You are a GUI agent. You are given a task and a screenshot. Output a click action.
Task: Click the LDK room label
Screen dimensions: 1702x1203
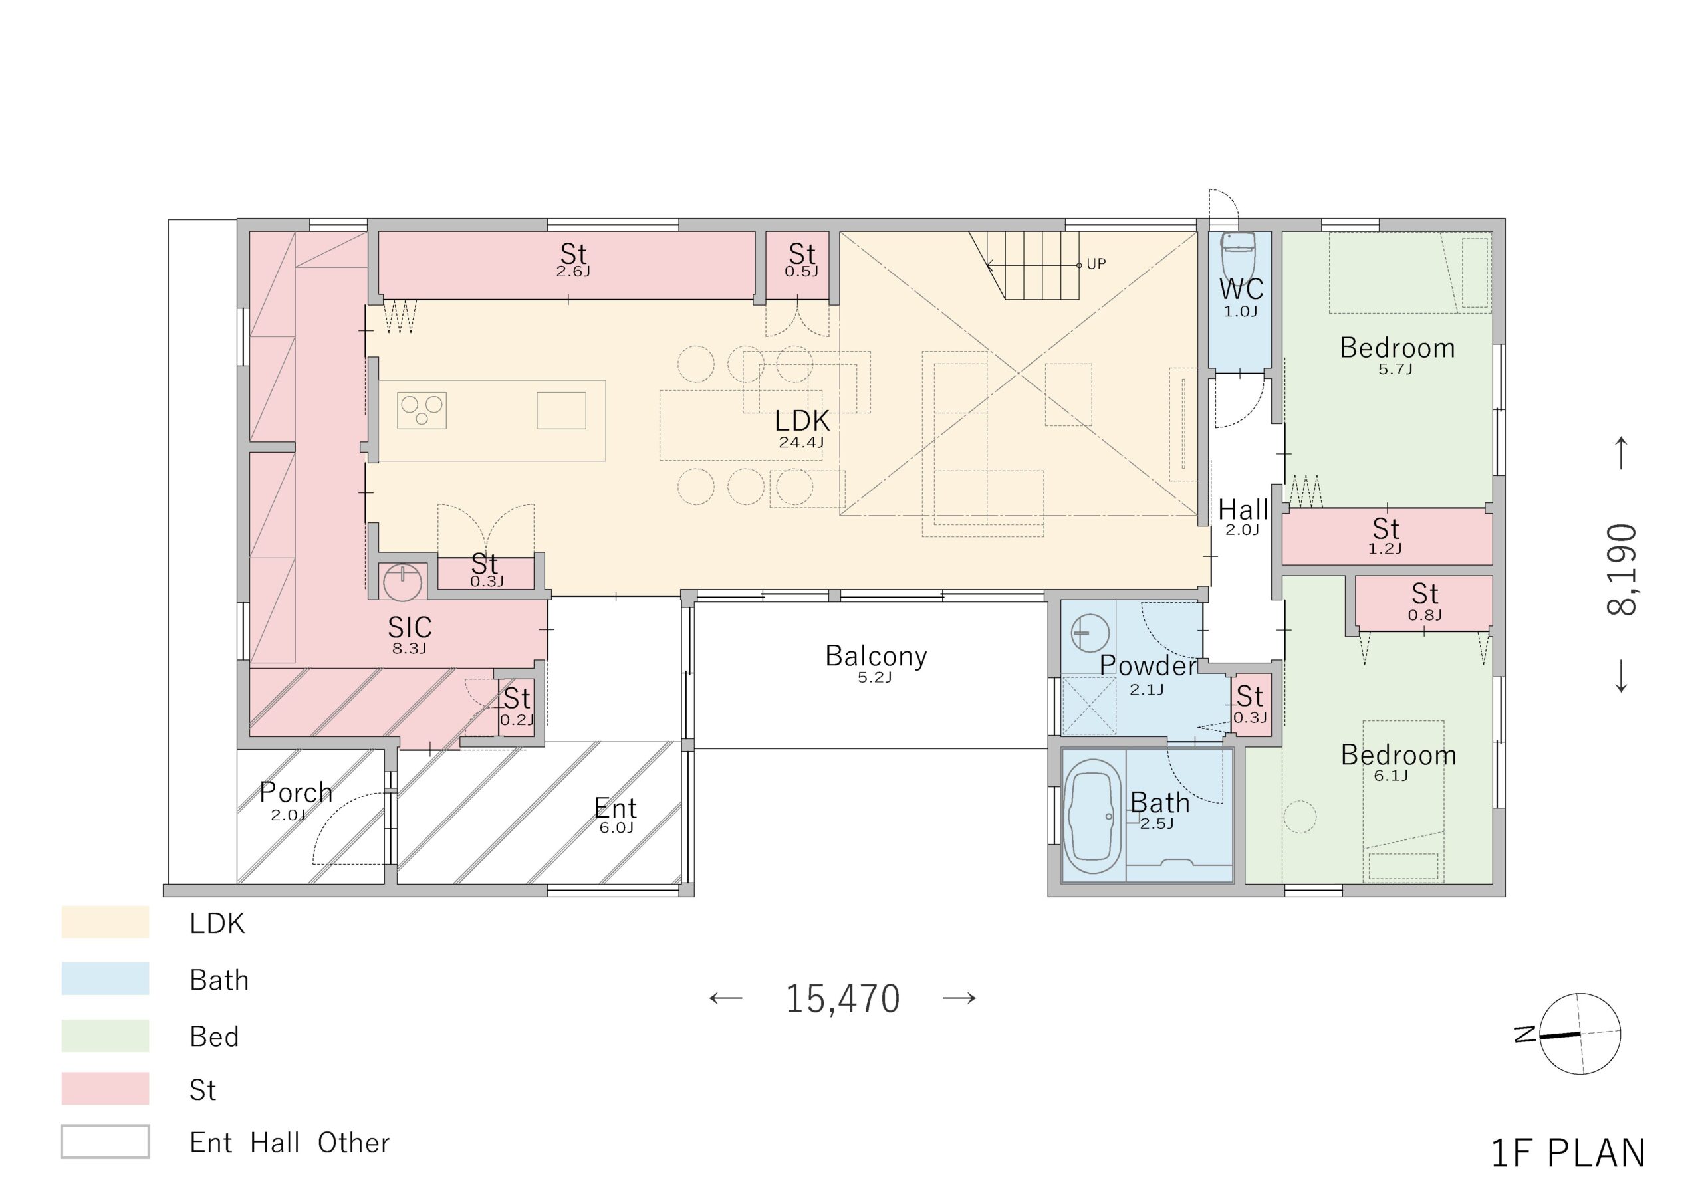click(x=801, y=421)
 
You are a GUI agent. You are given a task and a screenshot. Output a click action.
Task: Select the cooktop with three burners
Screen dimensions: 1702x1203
click(x=422, y=410)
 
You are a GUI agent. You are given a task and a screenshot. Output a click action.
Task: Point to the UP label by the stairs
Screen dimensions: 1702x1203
click(x=1096, y=264)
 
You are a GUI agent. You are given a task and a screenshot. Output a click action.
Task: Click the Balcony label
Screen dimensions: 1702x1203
click(x=876, y=656)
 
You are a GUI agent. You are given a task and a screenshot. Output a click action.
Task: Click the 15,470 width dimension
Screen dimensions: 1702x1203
click(x=842, y=998)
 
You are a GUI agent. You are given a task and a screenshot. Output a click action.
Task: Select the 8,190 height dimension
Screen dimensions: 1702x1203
click(x=1621, y=569)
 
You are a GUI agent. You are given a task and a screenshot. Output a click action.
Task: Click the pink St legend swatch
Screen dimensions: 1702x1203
click(x=105, y=1089)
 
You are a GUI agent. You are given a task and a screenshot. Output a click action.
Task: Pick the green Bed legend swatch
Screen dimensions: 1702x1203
click(x=105, y=1036)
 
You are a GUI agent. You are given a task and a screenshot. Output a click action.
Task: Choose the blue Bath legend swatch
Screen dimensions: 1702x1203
click(x=105, y=978)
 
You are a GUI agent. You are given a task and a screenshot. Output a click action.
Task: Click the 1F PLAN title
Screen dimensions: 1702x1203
click(x=1568, y=1153)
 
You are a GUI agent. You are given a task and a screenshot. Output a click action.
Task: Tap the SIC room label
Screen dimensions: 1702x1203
click(x=409, y=628)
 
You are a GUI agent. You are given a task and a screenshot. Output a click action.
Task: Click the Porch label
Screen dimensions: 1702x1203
click(x=296, y=792)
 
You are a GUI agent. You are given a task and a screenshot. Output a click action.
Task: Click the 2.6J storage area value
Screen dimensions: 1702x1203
click(x=573, y=272)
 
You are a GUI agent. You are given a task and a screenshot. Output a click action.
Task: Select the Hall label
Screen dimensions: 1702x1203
click(x=1243, y=510)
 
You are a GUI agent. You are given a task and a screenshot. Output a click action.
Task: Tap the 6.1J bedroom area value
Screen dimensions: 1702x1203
click(x=1391, y=776)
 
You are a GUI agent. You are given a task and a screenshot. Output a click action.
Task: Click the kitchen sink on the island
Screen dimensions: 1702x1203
click(x=561, y=410)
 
